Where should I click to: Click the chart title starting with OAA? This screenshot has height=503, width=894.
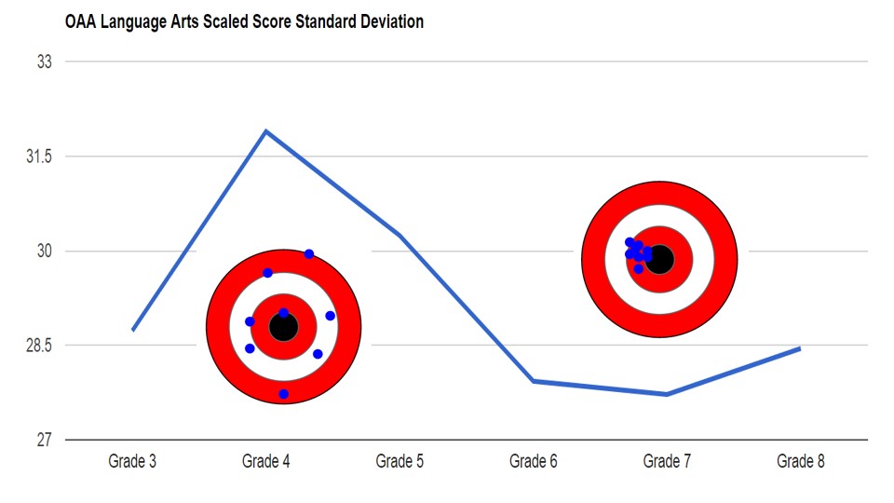244,21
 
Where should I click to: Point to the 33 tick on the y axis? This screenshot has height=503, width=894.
45,61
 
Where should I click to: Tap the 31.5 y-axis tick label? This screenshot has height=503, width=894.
38,156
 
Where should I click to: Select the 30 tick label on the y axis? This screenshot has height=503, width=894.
45,251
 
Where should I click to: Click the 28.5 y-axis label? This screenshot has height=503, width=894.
38,346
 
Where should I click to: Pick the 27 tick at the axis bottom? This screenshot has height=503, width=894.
45,440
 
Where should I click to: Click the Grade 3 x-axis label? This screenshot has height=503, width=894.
132,461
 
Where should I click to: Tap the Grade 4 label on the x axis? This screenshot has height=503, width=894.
265,461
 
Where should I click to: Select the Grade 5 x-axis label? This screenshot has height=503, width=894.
400,461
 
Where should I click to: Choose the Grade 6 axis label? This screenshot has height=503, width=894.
534,461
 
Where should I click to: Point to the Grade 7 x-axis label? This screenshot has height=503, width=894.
667,461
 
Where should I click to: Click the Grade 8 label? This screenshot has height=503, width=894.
801,461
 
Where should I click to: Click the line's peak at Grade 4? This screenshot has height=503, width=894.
266,130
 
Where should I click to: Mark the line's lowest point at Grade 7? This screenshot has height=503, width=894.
667,395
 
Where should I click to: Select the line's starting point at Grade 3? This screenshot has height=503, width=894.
133,330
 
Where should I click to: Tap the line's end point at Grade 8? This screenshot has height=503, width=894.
800,348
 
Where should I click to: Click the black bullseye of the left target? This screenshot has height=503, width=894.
283,327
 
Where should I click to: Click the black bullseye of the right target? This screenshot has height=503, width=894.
659,259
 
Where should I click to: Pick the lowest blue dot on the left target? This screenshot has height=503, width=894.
284,394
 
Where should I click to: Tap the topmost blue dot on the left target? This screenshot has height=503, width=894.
309,254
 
